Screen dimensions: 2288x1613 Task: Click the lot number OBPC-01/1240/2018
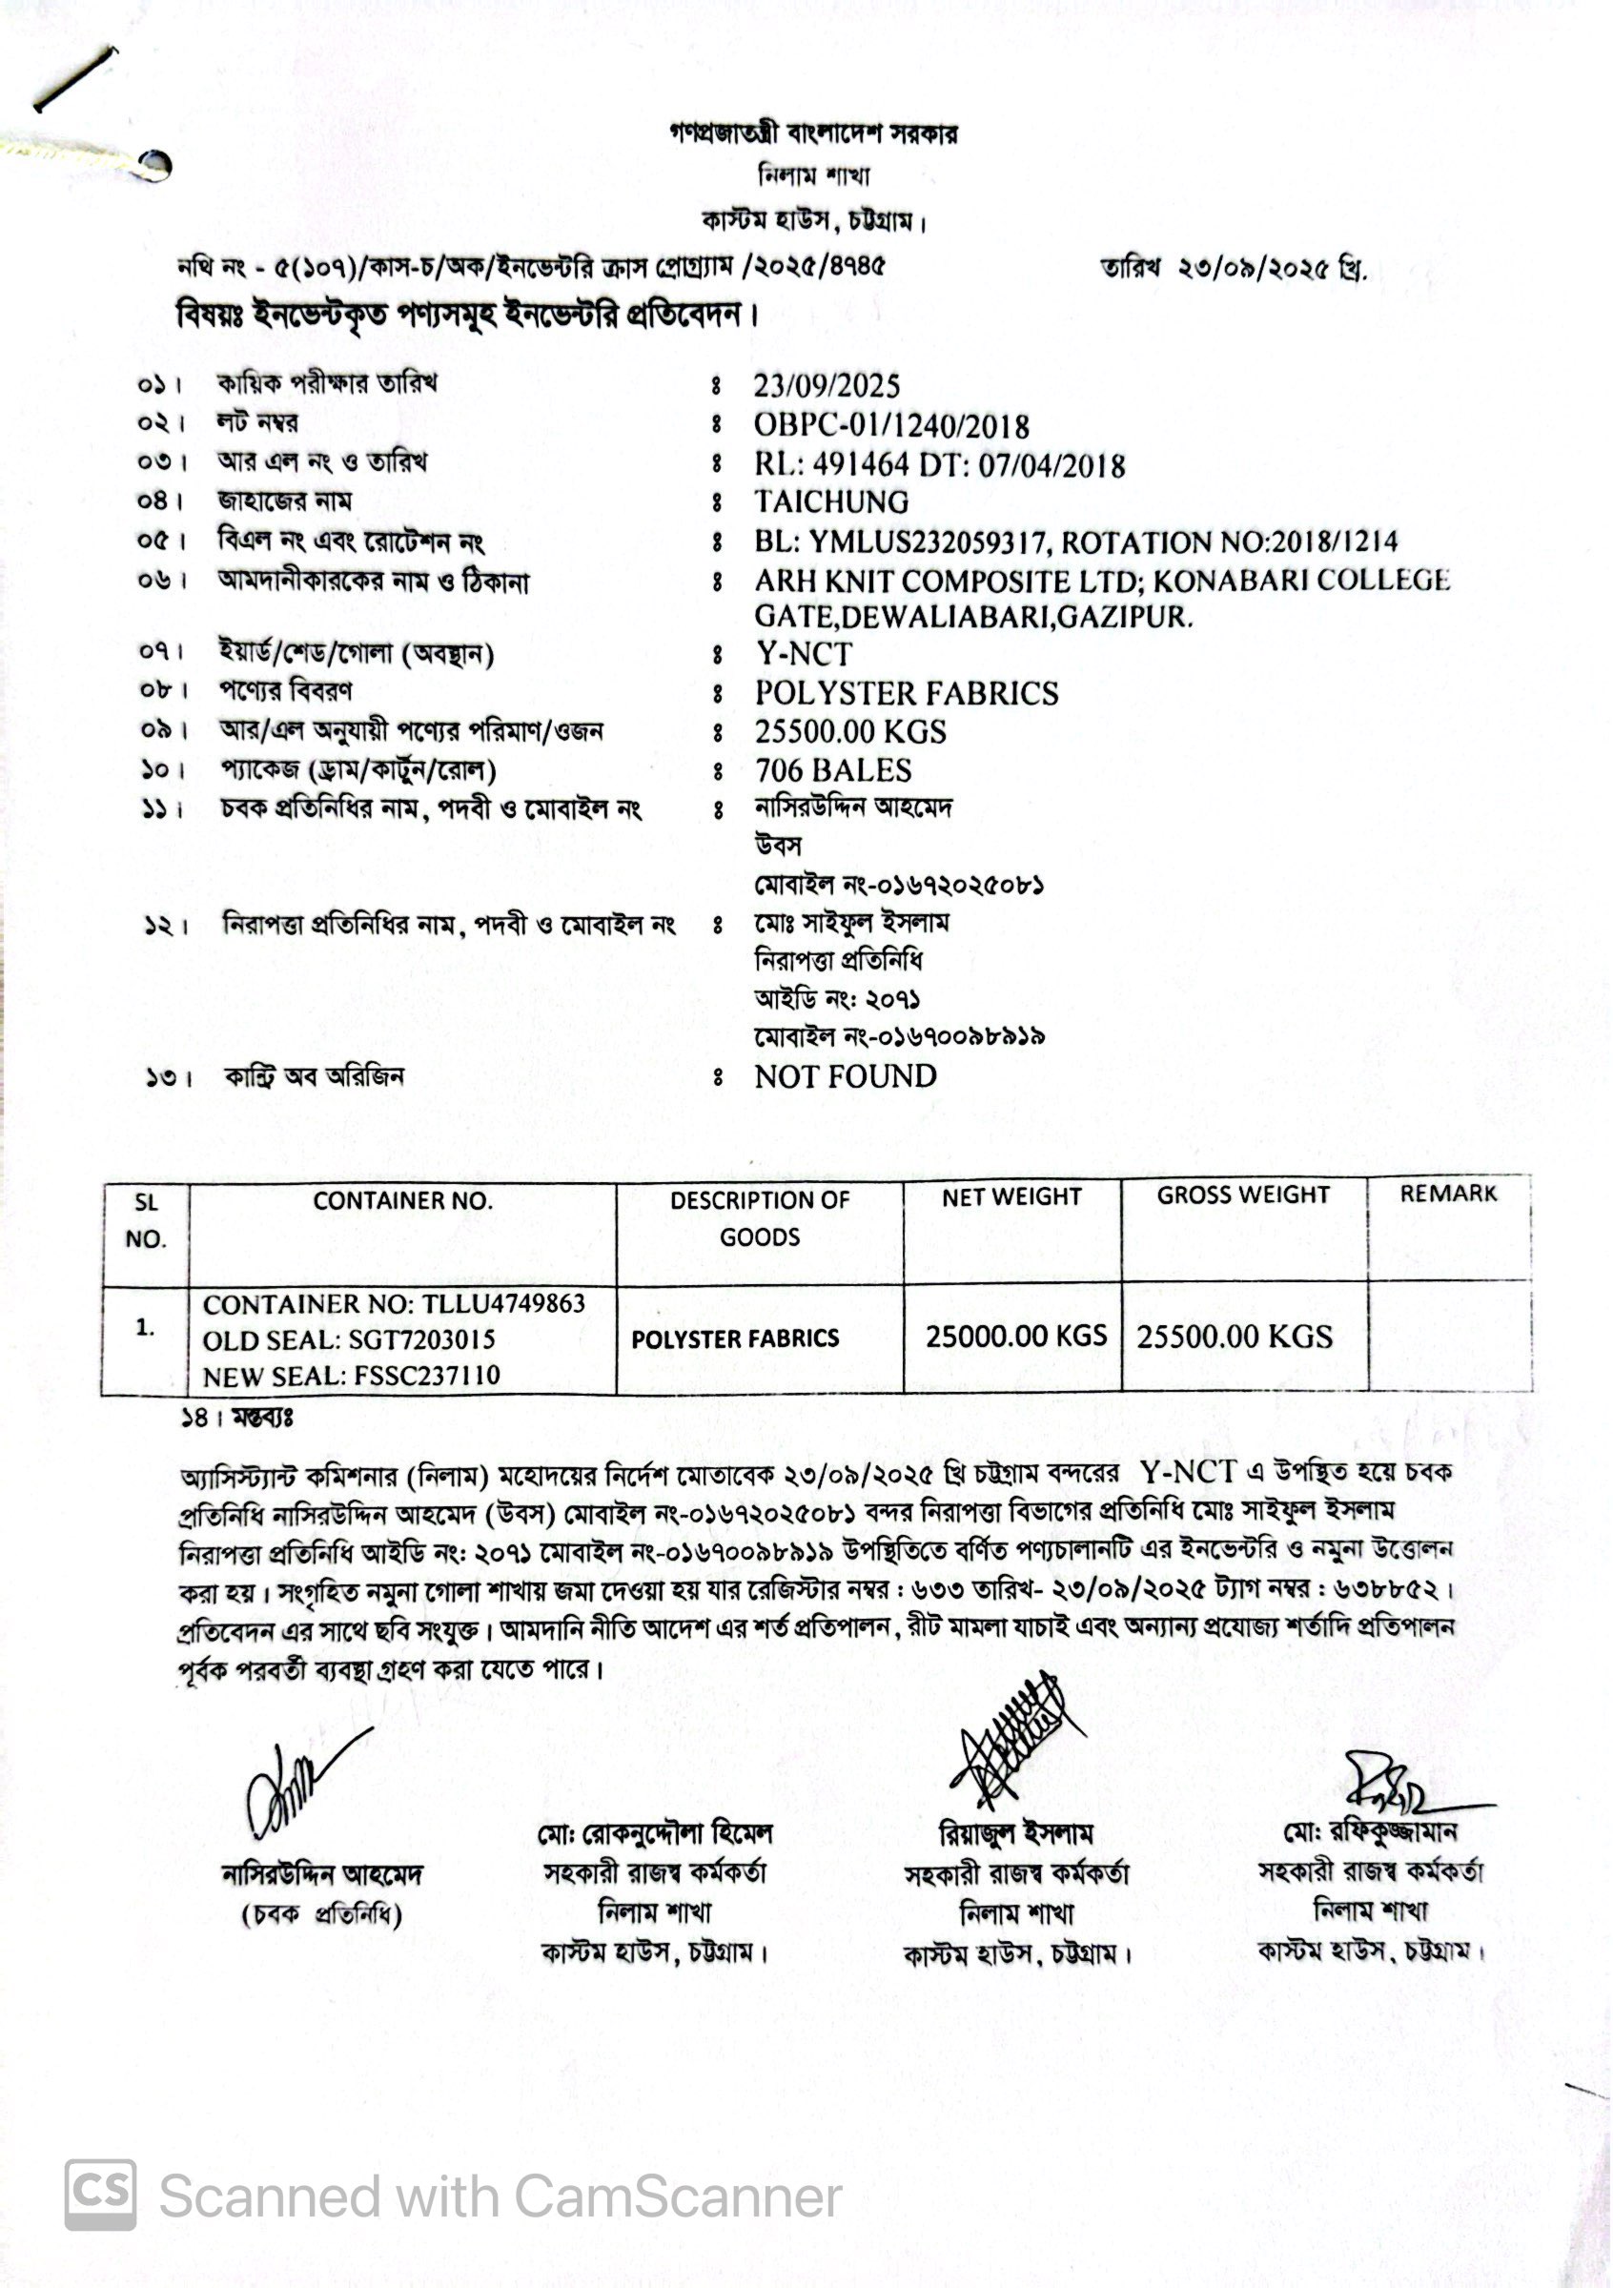tap(890, 425)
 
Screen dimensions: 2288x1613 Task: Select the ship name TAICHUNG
tap(831, 501)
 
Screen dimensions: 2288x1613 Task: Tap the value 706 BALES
tap(833, 770)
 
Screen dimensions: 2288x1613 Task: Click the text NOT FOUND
tap(845, 1076)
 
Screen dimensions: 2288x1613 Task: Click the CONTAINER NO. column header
tap(402, 1201)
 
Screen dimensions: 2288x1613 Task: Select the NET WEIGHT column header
tap(1011, 1196)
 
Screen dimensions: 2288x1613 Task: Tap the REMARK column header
tap(1448, 1194)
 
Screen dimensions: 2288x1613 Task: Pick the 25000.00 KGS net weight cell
tap(1015, 1336)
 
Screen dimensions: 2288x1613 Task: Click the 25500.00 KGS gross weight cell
tap(1234, 1337)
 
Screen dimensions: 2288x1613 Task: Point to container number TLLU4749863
tap(503, 1303)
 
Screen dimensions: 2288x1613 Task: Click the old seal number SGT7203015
tap(421, 1339)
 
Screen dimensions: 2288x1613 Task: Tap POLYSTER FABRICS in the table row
tap(735, 1338)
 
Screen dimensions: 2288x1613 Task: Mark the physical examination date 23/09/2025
tap(826, 386)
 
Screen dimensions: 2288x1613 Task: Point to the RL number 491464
tap(861, 465)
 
